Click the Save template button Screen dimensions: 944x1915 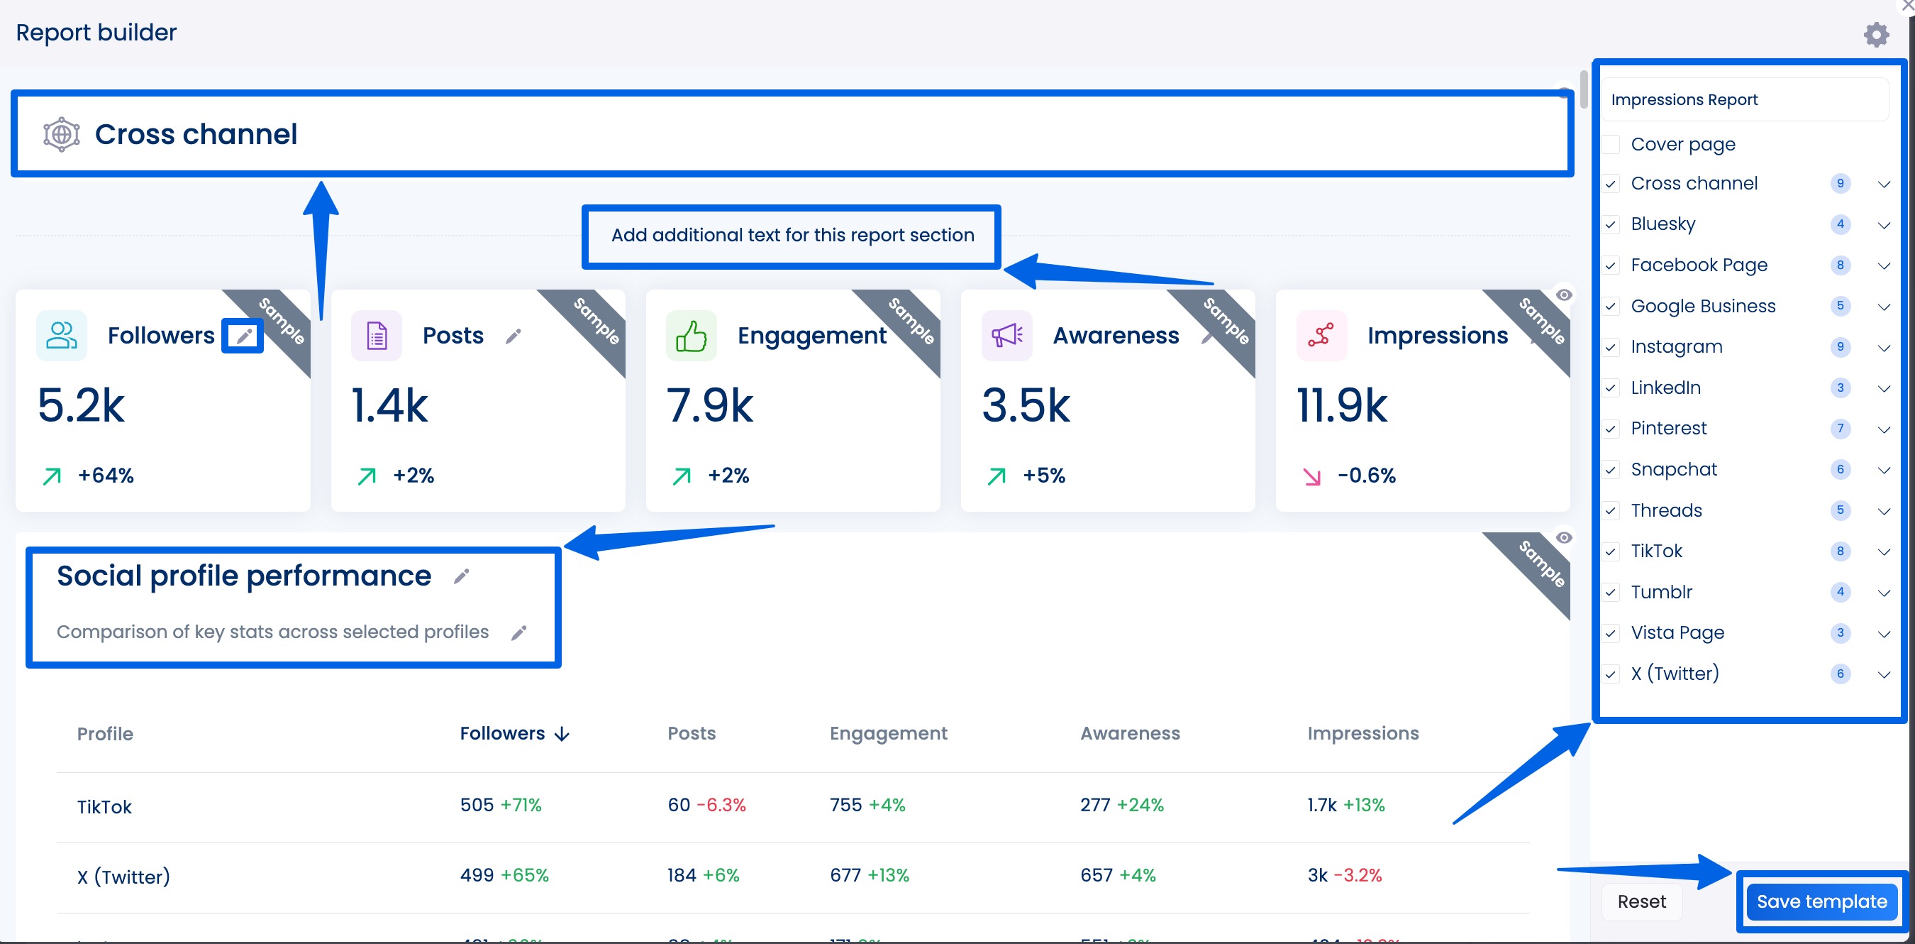(x=1821, y=901)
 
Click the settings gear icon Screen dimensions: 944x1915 (x=1875, y=34)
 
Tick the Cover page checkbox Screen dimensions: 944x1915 (x=1611, y=144)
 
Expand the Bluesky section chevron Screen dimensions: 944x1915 (x=1883, y=225)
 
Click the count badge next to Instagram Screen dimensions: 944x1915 (x=1840, y=346)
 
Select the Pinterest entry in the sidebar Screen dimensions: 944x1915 (x=1668, y=429)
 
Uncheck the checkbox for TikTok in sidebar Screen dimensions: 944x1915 (x=1611, y=551)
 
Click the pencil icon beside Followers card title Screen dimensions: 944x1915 (x=243, y=336)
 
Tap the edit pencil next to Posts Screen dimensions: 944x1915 (x=513, y=336)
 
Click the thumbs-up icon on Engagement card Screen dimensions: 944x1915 (x=691, y=336)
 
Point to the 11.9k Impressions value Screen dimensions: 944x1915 (x=1341, y=406)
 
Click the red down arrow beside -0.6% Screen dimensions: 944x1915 (x=1312, y=476)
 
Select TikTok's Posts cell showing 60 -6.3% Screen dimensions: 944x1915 (x=706, y=805)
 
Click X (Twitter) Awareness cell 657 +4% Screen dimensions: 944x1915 (x=1117, y=875)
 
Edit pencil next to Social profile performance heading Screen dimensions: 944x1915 (x=462, y=576)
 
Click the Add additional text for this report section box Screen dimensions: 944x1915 (x=792, y=236)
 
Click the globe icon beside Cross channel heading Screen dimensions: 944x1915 (x=62, y=135)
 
